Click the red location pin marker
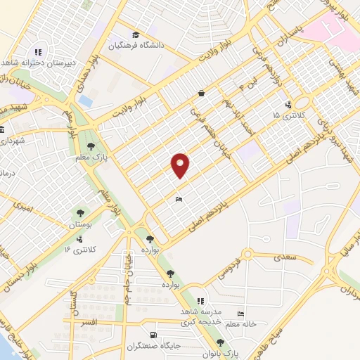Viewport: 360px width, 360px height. (x=181, y=165)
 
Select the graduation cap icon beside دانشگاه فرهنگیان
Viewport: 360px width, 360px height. (x=135, y=34)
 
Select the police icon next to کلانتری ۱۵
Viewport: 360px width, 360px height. (x=288, y=105)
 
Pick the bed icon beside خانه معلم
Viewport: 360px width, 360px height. (x=241, y=314)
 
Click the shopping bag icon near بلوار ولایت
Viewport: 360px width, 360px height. (x=202, y=92)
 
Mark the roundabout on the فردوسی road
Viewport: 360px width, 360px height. (x=247, y=254)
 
